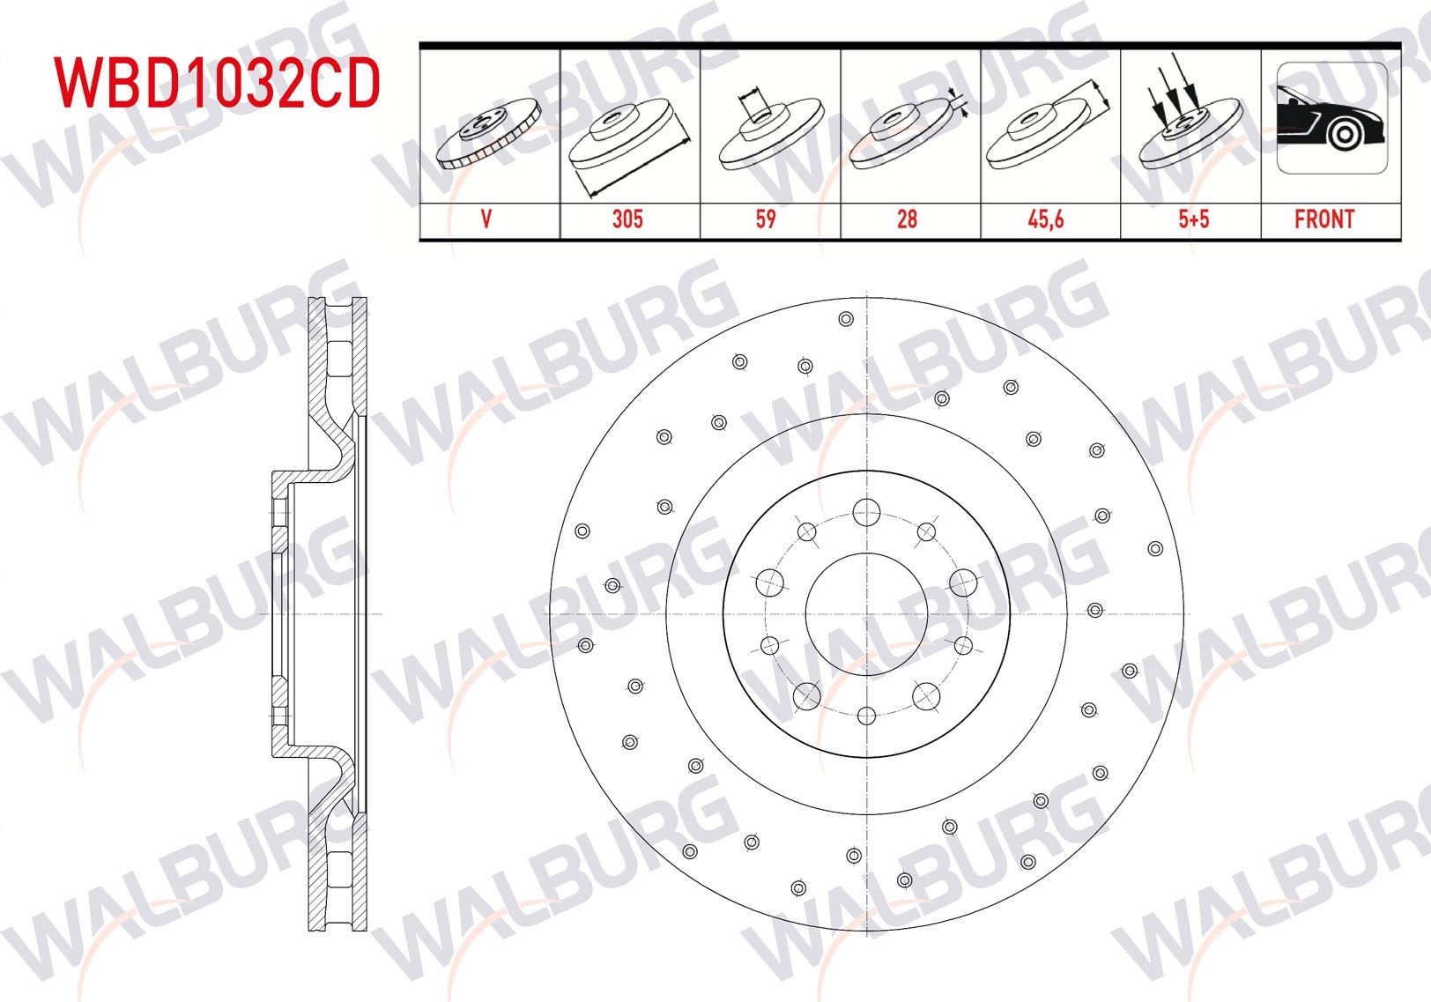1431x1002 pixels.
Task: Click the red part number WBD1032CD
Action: (217, 83)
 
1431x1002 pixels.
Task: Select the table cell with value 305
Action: (628, 219)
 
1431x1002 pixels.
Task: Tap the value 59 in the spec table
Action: (766, 219)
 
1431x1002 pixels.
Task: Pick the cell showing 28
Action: (907, 219)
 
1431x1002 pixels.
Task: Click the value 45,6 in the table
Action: (1046, 219)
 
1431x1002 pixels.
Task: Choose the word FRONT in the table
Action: (1324, 219)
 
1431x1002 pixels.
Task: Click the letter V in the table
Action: (486, 219)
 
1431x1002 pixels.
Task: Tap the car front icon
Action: (1331, 118)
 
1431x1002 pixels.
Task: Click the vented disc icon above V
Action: (487, 132)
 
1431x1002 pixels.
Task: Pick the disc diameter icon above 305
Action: (628, 137)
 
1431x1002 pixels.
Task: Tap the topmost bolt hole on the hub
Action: (866, 510)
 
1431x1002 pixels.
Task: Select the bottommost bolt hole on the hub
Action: (866, 716)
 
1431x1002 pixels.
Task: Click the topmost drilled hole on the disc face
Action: (846, 319)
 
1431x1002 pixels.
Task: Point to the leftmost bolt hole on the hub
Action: (769, 582)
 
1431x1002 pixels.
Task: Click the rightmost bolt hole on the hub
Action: (964, 582)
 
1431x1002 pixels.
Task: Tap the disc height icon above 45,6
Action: (1046, 128)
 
